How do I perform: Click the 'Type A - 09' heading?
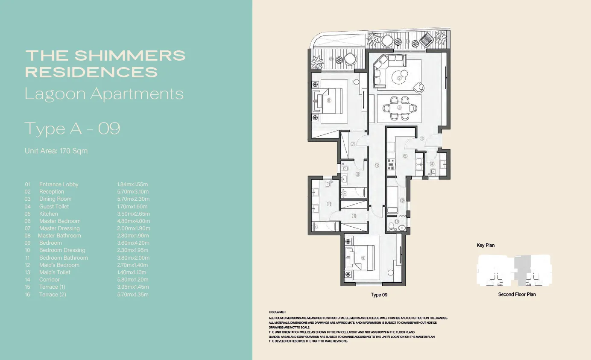pyautogui.click(x=72, y=129)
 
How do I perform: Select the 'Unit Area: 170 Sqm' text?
pyautogui.click(x=56, y=151)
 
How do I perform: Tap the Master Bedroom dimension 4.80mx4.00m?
pyautogui.click(x=134, y=221)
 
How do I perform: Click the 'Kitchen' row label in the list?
pyautogui.click(x=48, y=214)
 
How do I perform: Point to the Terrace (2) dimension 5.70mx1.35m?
pyautogui.click(x=133, y=294)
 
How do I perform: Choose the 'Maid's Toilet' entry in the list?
pyautogui.click(x=55, y=272)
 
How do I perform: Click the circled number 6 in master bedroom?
pyautogui.click(x=329, y=101)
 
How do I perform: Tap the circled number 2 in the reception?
pyautogui.click(x=400, y=78)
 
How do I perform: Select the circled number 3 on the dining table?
pyautogui.click(x=399, y=108)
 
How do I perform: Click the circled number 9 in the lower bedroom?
pyautogui.click(x=363, y=258)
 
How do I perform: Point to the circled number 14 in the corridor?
pyautogui.click(x=377, y=165)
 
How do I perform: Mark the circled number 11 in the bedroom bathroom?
pyautogui.click(x=329, y=204)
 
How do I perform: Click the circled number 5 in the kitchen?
pyautogui.click(x=405, y=156)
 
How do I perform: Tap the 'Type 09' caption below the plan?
pyautogui.click(x=379, y=295)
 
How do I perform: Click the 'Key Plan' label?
pyautogui.click(x=486, y=246)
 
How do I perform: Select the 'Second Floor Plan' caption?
pyautogui.click(x=517, y=294)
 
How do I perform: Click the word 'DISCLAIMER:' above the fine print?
pyautogui.click(x=278, y=312)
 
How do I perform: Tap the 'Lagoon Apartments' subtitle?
pyautogui.click(x=104, y=94)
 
